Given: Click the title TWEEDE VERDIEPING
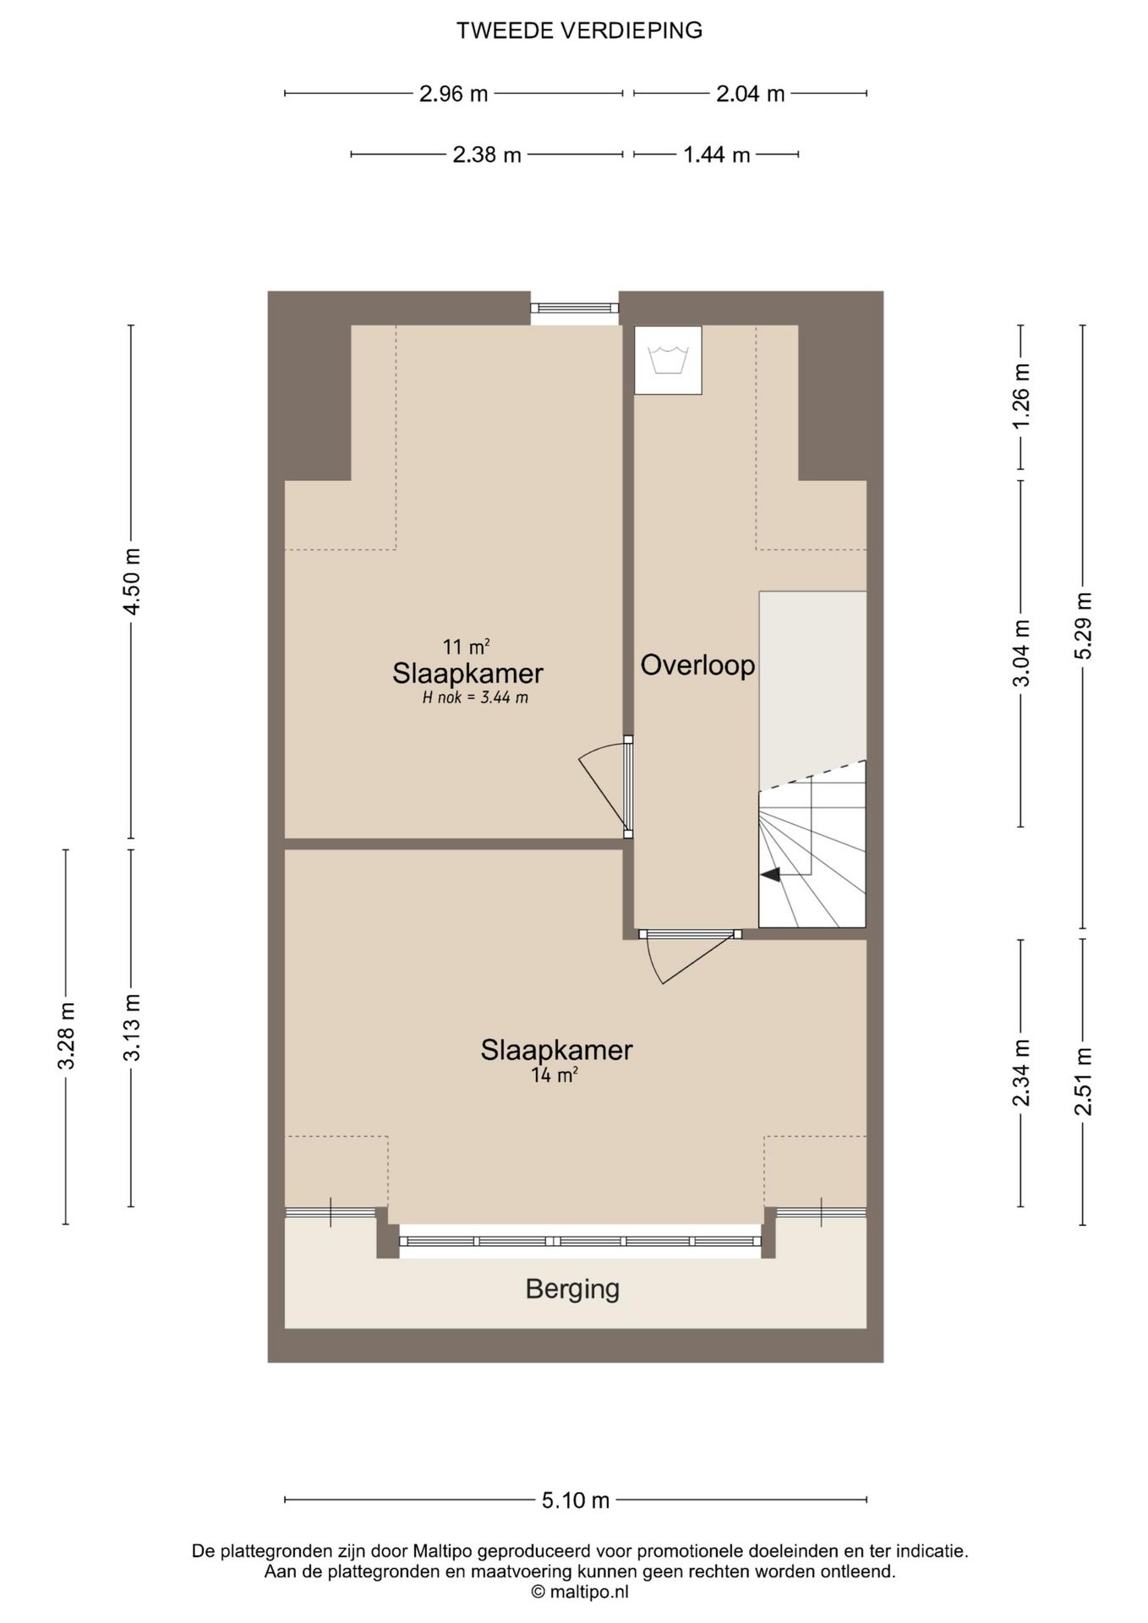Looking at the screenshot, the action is tap(579, 30).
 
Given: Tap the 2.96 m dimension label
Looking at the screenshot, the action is tap(453, 94).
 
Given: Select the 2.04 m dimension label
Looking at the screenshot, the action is tap(751, 94).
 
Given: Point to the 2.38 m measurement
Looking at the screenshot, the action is tap(487, 155).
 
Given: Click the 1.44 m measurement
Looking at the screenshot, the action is tap(717, 155).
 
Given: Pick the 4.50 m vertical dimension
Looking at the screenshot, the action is tap(131, 582).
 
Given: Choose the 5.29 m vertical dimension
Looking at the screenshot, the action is tap(1084, 626).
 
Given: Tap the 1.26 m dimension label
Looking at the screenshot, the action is tap(1021, 396).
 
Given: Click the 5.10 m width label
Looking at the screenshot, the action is tap(576, 1500).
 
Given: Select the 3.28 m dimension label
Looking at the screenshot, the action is tap(67, 1036).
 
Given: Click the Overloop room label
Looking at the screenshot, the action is tap(697, 665).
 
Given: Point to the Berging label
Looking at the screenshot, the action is tap(572, 1290).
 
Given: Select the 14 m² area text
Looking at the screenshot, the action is tap(555, 1075).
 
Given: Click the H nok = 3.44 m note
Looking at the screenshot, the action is tap(475, 698).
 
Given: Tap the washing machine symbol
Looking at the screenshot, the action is tap(668, 359).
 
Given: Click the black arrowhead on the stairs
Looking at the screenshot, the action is tap(770, 876).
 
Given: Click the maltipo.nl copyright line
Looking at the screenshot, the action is tap(580, 1592).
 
